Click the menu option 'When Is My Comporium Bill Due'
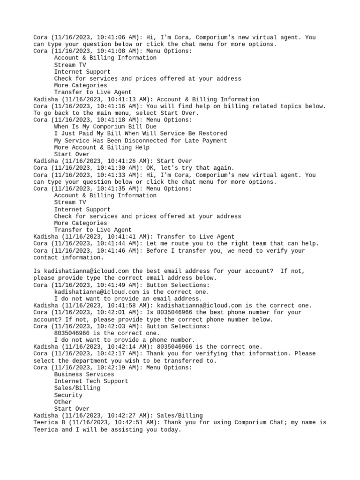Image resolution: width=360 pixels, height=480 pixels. tap(105, 127)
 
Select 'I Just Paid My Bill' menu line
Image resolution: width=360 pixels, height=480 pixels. tap(141, 134)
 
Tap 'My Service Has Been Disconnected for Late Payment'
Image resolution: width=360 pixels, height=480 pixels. tap(141, 141)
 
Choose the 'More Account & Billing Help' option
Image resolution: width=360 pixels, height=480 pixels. tap(102, 147)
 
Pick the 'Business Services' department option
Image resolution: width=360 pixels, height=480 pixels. tap(84, 375)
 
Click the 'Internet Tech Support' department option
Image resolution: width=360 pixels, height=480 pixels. tap(91, 381)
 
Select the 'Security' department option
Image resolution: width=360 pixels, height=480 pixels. tap(68, 395)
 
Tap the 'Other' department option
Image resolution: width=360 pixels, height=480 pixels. tap(63, 402)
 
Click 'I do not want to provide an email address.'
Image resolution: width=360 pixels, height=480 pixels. tap(128, 299)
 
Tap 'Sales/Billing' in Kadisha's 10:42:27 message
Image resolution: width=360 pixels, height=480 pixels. tap(180, 415)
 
